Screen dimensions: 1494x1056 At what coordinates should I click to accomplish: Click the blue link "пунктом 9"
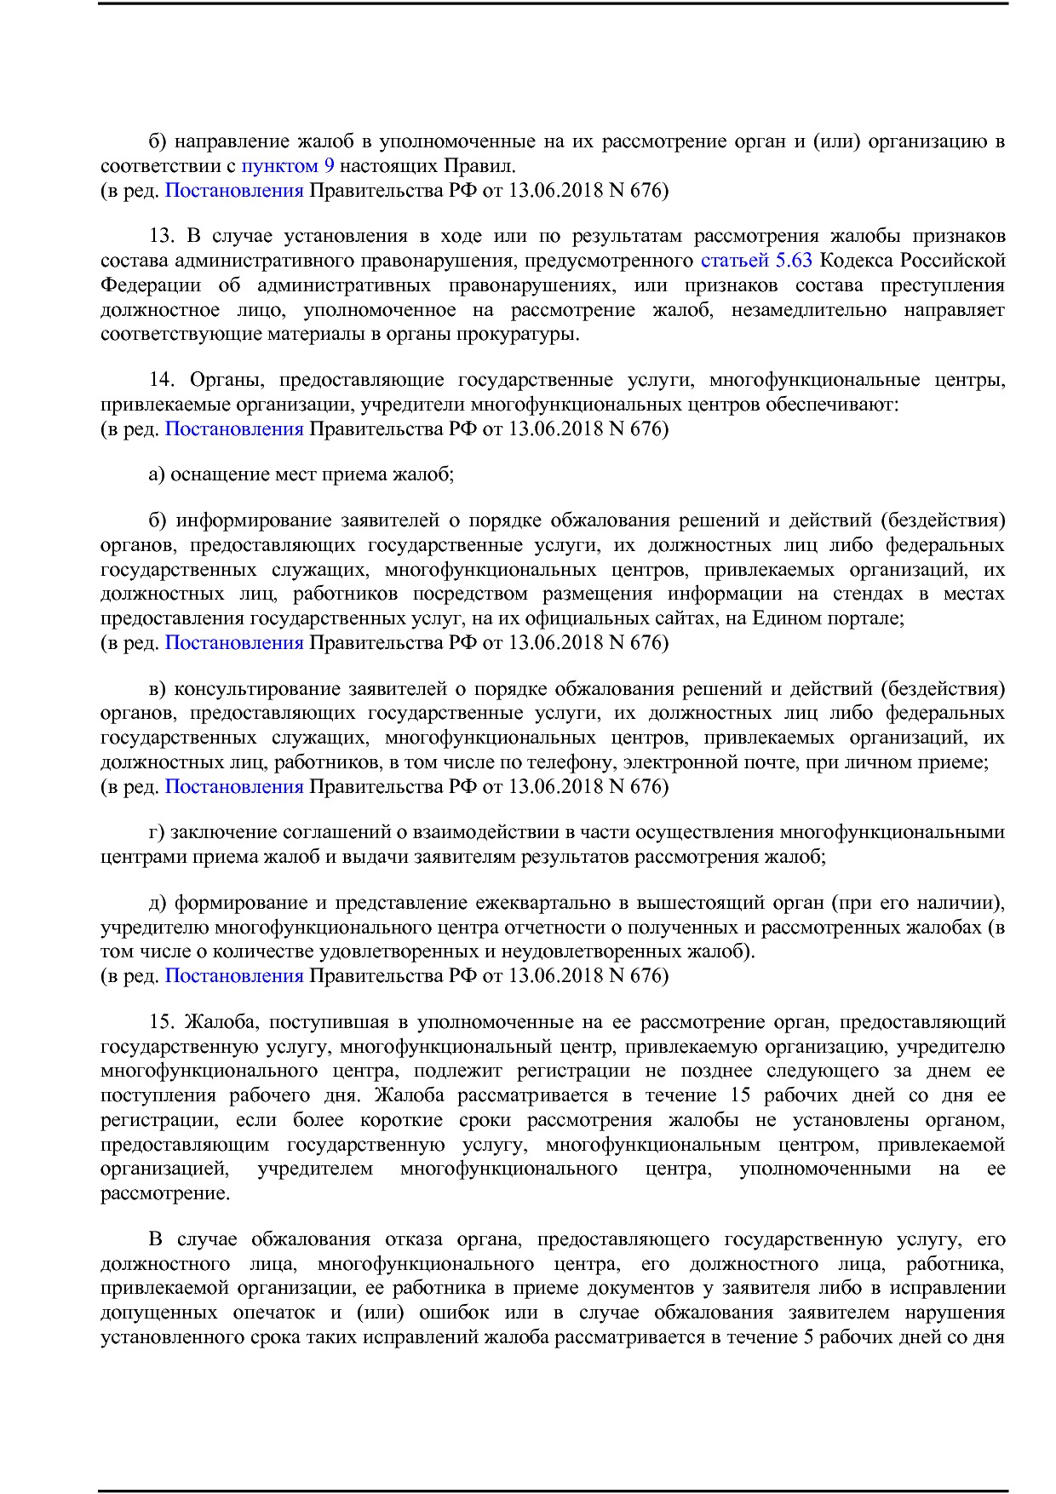[x=288, y=166]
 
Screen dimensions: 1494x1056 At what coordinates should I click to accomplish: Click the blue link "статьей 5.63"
[x=755, y=260]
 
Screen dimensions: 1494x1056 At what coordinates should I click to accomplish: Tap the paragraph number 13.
[x=162, y=236]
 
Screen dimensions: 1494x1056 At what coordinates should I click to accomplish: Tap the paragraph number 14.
[x=162, y=380]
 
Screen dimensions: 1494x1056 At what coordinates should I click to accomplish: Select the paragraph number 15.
[x=162, y=1022]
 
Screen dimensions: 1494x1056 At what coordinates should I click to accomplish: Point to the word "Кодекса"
[x=852, y=260]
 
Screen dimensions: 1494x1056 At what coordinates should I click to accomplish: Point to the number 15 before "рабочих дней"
[x=740, y=1095]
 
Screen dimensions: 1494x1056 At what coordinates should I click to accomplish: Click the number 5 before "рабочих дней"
[x=808, y=1337]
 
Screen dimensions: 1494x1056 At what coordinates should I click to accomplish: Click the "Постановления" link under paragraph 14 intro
[x=234, y=428]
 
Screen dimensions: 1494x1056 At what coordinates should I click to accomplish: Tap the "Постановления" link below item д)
[x=234, y=976]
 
